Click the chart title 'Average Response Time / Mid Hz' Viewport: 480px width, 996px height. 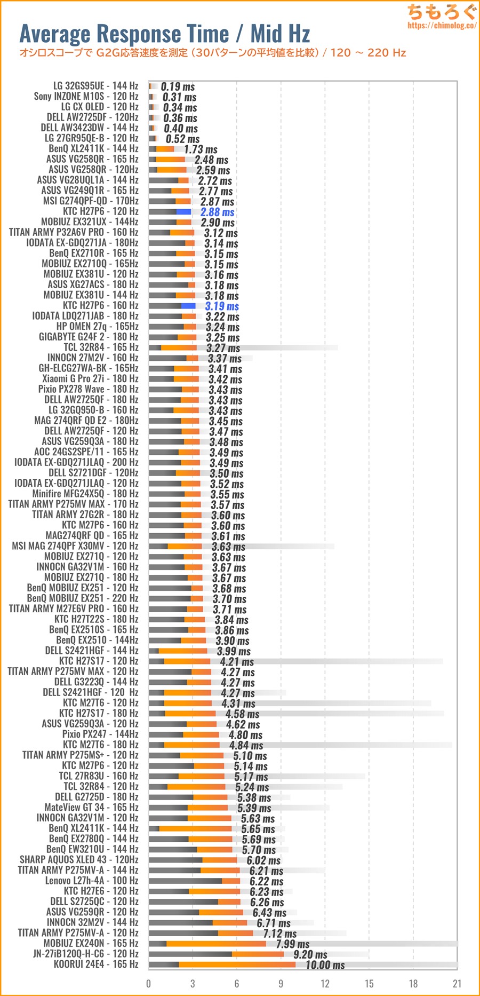tap(164, 34)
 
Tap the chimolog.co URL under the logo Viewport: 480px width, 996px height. tap(442, 25)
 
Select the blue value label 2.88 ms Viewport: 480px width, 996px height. tap(217, 212)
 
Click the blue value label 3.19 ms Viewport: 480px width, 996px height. tap(222, 306)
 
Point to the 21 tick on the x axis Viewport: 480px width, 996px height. tap(457, 984)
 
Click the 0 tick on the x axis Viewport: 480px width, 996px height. tap(149, 984)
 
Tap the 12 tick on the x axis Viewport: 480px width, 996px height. tap(325, 984)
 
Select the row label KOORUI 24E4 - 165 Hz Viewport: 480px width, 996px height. tap(96, 965)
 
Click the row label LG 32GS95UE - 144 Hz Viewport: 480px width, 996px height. tap(95, 86)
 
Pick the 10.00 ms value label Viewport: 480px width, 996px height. tap(325, 965)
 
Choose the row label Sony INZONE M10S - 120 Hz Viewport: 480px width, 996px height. tap(86, 97)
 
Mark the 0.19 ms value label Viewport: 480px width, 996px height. tap(178, 86)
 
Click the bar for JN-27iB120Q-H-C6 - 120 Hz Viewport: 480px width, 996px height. tap(216, 954)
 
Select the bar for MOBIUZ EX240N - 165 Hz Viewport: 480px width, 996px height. tap(207, 944)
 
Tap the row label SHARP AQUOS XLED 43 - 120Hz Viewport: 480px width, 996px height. tap(79, 860)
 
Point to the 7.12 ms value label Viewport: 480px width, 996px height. tap(279, 934)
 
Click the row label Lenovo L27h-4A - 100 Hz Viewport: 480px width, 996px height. tap(92, 881)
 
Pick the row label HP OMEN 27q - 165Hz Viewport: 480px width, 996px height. tap(98, 326)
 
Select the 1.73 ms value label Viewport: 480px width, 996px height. tap(201, 149)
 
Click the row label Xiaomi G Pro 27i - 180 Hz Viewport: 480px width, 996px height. tap(90, 378)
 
